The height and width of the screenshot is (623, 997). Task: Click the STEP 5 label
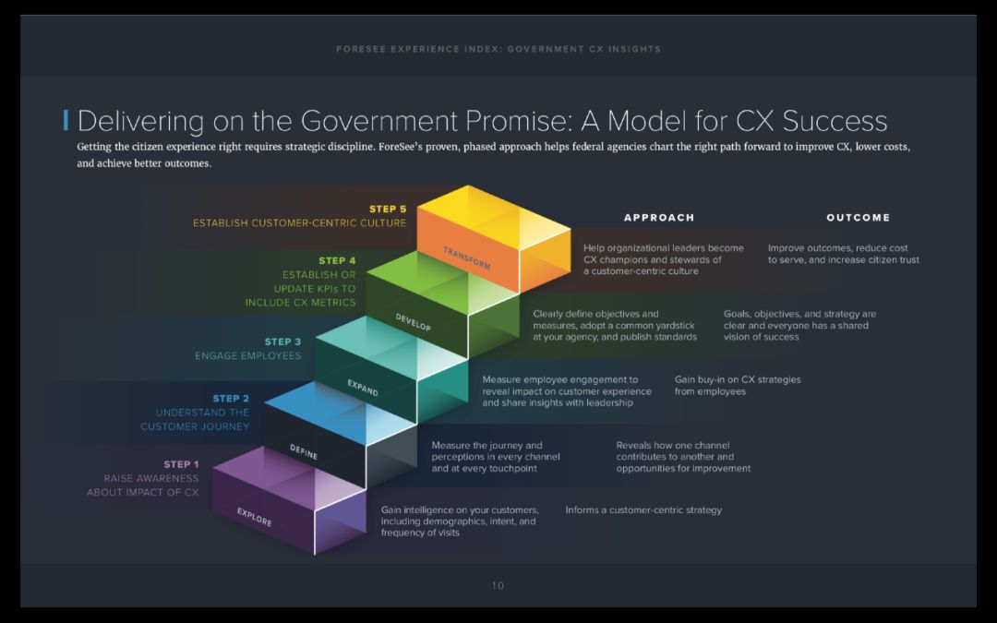point(388,209)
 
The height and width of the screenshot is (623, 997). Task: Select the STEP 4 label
point(337,261)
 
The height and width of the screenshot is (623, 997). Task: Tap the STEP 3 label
point(282,342)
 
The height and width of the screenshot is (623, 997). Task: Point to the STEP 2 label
point(231,399)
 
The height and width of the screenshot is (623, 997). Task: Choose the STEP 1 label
point(181,464)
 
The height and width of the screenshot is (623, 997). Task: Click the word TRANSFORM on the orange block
point(465,258)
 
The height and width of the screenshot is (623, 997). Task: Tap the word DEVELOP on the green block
point(413,322)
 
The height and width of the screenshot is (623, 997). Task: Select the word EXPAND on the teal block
point(362,388)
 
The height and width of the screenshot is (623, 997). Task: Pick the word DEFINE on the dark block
point(304,450)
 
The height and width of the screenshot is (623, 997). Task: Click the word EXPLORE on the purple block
point(254,517)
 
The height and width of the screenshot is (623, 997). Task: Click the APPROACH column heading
point(659,218)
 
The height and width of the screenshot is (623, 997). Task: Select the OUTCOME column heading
point(858,218)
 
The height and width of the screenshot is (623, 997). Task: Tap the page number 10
point(498,585)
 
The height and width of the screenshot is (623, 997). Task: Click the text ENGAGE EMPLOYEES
point(247,355)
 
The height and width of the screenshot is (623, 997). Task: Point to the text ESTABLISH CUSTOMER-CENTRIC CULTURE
point(299,223)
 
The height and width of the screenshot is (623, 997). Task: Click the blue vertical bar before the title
point(66,120)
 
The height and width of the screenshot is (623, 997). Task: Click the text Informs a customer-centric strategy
point(643,509)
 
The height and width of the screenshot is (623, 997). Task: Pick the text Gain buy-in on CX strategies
point(738,379)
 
